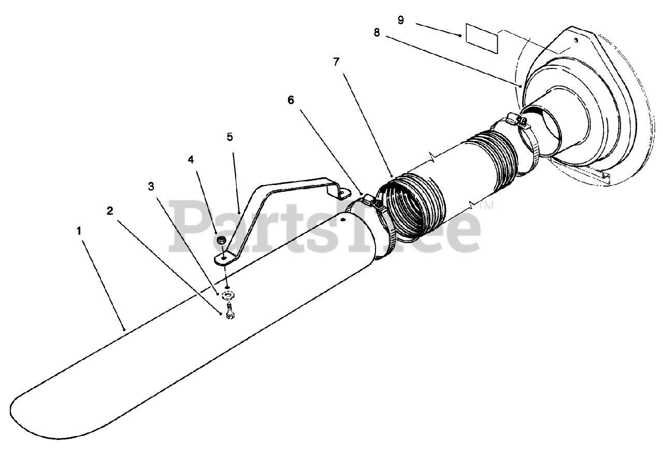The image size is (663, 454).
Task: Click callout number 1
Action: click(x=79, y=231)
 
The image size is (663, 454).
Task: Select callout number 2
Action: click(x=110, y=210)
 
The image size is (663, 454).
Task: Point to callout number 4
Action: click(x=191, y=160)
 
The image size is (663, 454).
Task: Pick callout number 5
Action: click(x=229, y=137)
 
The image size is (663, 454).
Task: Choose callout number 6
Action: click(x=291, y=100)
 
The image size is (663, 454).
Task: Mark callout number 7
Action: click(x=336, y=62)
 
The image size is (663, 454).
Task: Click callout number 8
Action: click(x=377, y=32)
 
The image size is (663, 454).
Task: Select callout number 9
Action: click(x=401, y=20)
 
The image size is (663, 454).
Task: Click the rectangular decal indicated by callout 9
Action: click(x=481, y=38)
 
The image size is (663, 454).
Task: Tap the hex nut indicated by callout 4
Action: click(x=220, y=239)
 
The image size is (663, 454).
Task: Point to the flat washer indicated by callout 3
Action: click(x=228, y=295)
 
